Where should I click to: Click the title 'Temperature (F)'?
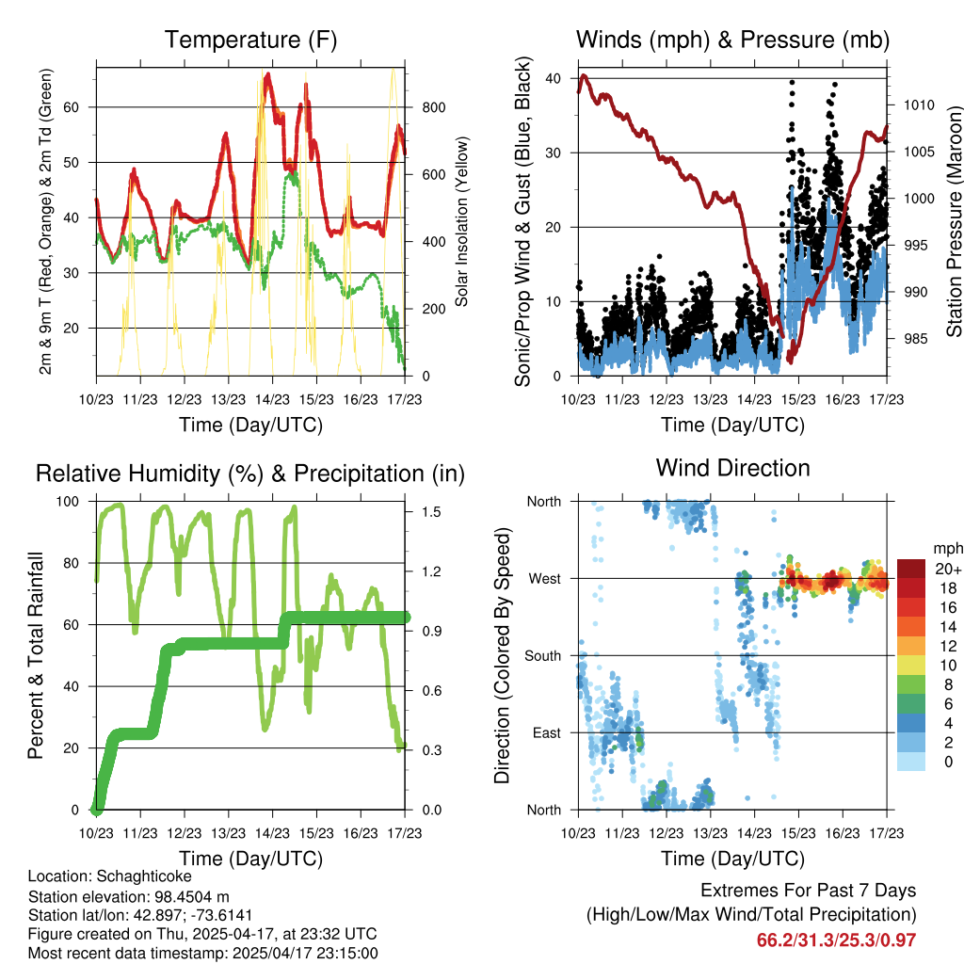[250, 40]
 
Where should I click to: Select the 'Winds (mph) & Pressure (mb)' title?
[732, 40]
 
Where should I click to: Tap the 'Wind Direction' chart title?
[732, 467]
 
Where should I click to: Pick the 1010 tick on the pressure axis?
[919, 105]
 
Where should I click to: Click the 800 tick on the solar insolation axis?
[433, 107]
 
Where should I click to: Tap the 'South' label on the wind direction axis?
[543, 655]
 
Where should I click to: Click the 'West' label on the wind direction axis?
[545, 578]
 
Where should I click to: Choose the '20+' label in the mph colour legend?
[946, 569]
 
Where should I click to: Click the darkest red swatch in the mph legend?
[911, 569]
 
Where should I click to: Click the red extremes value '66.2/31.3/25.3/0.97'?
[836, 940]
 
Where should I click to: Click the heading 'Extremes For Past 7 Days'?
[808, 891]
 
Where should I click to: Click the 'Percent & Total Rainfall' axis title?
[35, 654]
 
